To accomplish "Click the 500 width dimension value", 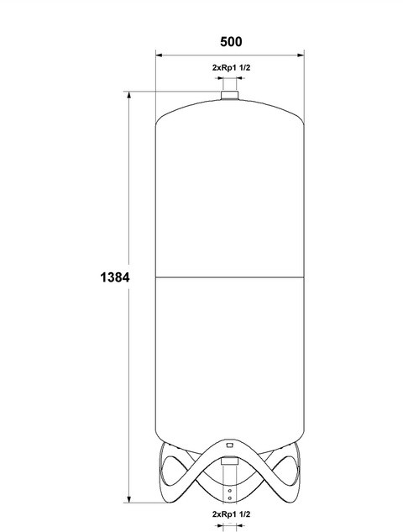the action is click(231, 42).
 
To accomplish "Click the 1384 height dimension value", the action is click(115, 277).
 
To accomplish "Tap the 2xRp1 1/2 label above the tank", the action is click(231, 67).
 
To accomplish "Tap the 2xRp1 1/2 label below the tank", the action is click(231, 514).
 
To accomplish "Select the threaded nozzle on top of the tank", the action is click(230, 95).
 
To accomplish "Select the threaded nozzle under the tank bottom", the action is click(230, 461).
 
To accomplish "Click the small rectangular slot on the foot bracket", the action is click(230, 445).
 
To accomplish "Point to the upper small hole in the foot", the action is click(230, 491).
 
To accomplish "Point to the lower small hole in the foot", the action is click(230, 498).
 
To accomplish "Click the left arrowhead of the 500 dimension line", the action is click(160, 55).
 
